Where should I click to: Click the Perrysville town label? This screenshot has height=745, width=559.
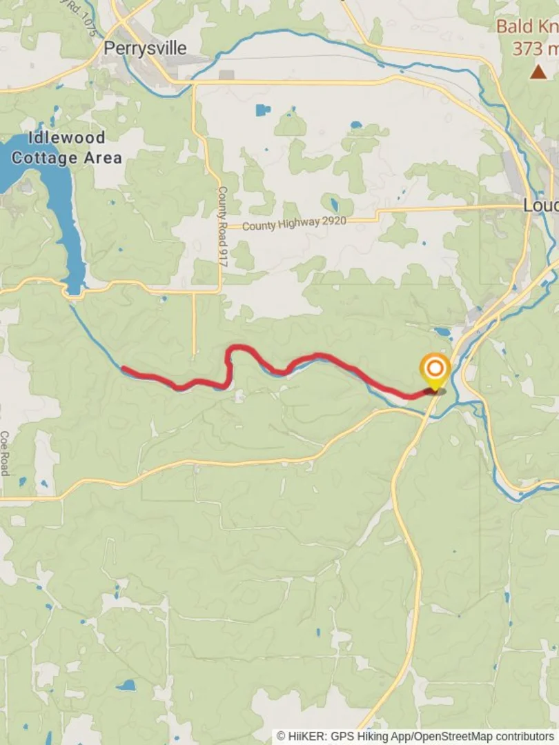coord(145,48)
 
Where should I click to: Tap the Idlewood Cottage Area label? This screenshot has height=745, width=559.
coord(67,148)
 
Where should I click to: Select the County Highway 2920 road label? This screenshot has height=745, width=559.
coord(294,223)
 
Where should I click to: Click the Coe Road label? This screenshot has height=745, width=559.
coord(4,453)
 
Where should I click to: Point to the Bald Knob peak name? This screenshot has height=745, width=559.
coord(528,27)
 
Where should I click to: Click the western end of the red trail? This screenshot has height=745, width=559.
coord(125,369)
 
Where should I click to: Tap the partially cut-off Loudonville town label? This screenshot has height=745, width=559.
coord(540,206)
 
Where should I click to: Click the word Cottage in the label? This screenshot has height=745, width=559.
coord(45,158)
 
